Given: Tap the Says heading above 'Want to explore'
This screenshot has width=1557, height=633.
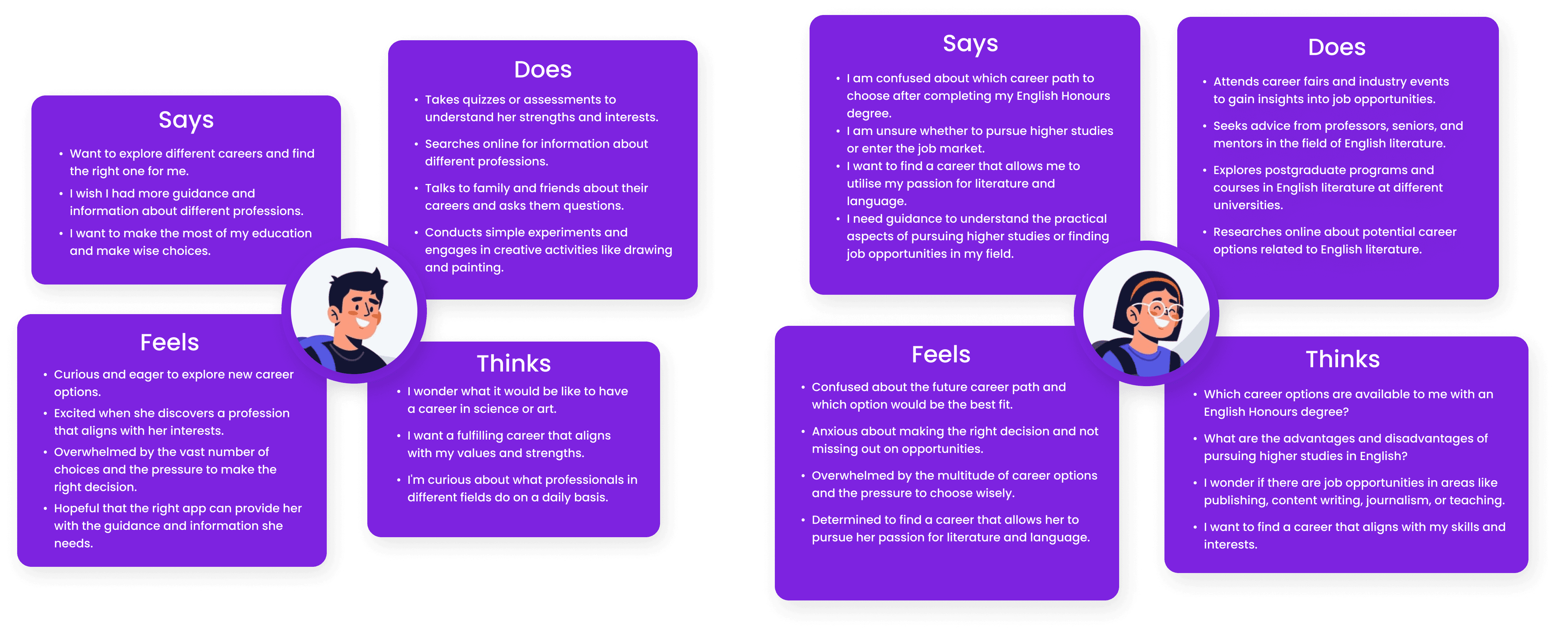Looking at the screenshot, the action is [186, 120].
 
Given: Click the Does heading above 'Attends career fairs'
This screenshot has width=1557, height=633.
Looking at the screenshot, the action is [1336, 47].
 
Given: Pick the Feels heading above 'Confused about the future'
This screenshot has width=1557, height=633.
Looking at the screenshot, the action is [940, 355].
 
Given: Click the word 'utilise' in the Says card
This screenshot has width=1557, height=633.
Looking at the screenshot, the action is [865, 184].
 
